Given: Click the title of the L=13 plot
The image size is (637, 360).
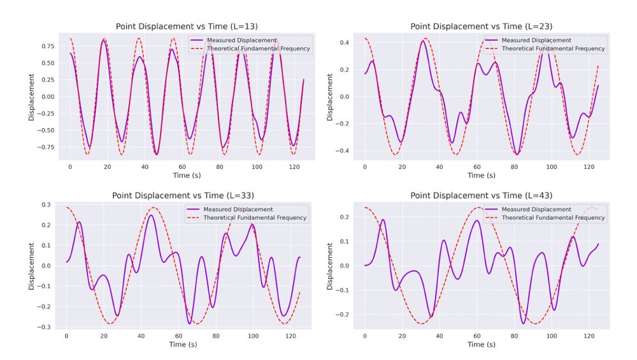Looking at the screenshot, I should pos(187,27).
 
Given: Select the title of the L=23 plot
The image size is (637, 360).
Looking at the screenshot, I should pos(481,27).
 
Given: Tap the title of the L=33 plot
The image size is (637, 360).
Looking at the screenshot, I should pos(187,196).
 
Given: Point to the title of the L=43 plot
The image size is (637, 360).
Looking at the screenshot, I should pos(481,196).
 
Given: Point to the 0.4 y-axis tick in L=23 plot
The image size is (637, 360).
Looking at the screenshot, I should pos(345,43).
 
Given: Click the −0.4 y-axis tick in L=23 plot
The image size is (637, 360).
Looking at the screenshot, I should pos(342,151).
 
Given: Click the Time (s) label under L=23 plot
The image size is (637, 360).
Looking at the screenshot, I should pos(481,175).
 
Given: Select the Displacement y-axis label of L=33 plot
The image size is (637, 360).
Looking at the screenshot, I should pos(32,266).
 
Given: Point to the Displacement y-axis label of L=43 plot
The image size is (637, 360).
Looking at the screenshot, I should pos(330,266).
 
